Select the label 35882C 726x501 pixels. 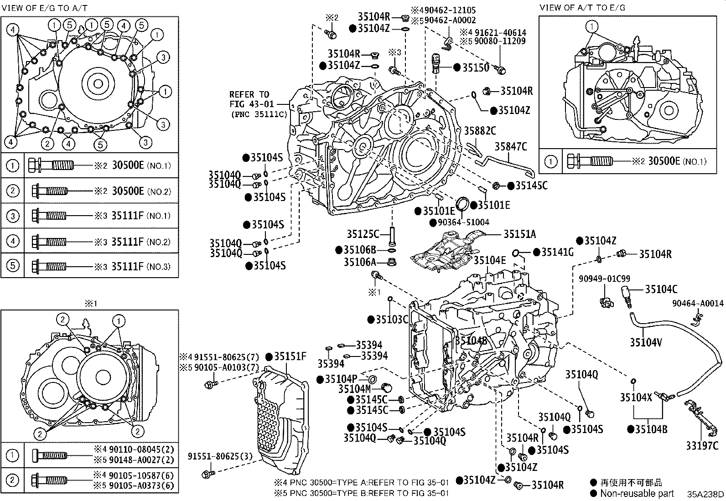coord(480,131)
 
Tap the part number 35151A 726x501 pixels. coord(519,234)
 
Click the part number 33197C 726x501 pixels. coord(702,446)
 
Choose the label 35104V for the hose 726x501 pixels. coord(646,342)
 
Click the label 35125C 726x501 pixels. coord(363,234)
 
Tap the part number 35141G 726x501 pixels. coord(557,252)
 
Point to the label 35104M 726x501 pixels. coord(354,389)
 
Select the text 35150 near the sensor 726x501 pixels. coord(476,67)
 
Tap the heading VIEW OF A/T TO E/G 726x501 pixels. coord(582,8)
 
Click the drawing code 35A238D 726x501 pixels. coord(705,494)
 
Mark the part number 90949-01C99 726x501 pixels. coord(605,279)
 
